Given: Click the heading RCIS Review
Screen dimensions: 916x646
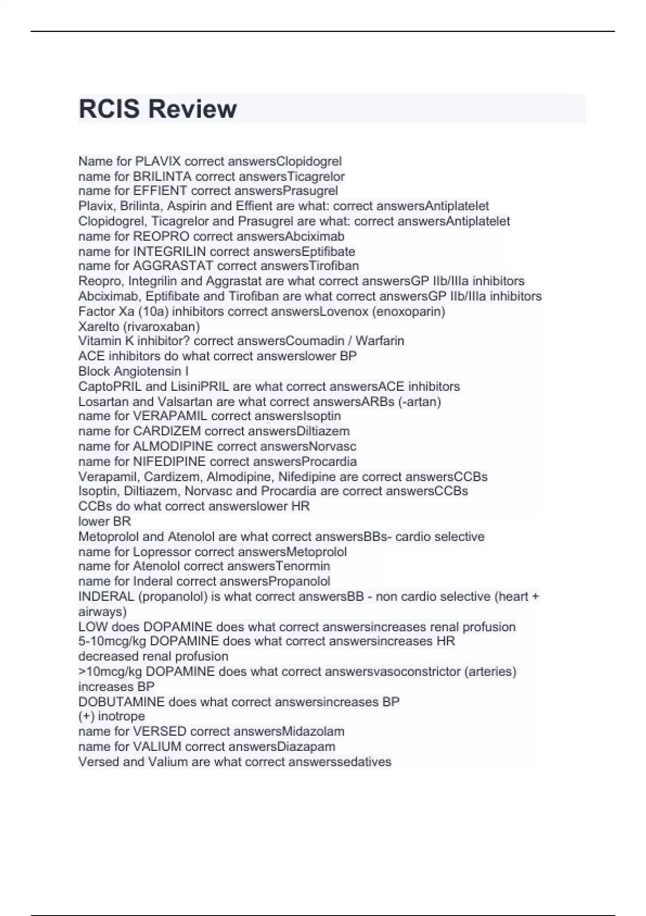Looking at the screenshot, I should tap(157, 109).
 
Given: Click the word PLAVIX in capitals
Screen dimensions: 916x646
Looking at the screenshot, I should tap(158, 161).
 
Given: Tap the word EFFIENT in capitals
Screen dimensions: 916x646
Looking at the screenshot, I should tap(160, 191).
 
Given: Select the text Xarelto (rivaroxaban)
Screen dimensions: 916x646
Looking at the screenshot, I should tap(139, 327).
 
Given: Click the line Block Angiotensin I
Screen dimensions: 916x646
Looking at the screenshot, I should tap(134, 371).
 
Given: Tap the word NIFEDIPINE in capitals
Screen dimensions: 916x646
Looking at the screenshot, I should tap(169, 461).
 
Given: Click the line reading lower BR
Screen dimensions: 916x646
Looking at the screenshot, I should tap(104, 521).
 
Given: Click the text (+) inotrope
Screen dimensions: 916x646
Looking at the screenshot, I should tap(111, 716).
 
